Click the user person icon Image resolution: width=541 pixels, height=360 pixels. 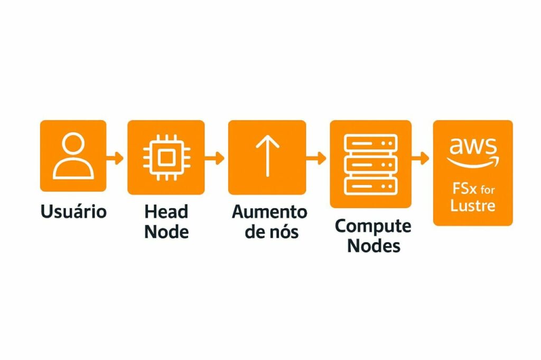click(x=73, y=156)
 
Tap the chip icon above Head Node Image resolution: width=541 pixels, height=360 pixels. click(x=166, y=157)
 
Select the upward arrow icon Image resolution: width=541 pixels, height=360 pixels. click(x=267, y=156)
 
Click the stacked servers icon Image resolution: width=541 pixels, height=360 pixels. click(x=370, y=163)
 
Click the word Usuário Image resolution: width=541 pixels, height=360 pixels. click(x=73, y=212)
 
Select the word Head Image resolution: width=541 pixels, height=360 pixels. click(x=166, y=212)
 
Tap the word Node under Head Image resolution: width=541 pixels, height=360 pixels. click(x=166, y=232)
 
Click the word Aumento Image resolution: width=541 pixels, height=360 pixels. click(x=269, y=212)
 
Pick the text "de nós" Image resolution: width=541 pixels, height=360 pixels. click(x=269, y=231)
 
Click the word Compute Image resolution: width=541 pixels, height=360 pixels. click(x=373, y=226)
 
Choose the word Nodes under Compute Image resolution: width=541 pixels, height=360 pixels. click(x=373, y=245)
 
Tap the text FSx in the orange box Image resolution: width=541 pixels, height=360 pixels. click(x=463, y=188)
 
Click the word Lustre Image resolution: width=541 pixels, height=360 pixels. click(x=473, y=205)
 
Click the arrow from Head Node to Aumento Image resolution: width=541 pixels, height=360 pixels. click(x=216, y=157)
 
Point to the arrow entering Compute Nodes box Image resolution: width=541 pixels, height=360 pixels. click(x=317, y=157)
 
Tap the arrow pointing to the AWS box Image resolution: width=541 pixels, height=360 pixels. click(x=421, y=157)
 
